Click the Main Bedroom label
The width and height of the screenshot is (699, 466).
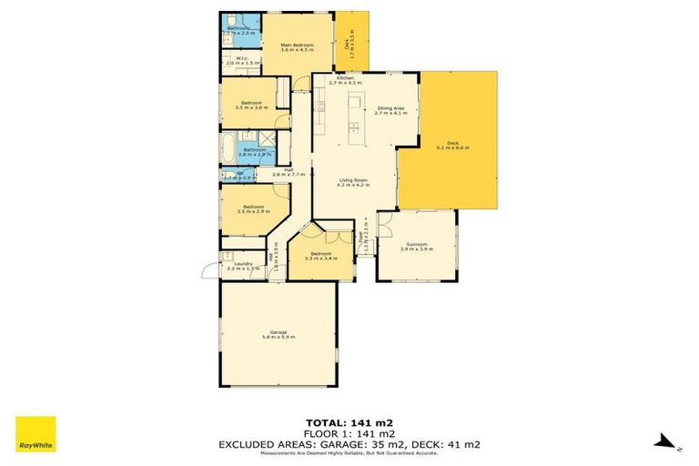pos(297,47)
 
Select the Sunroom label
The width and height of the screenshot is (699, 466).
pos(417,247)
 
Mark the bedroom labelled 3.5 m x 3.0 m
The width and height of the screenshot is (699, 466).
pos(251,105)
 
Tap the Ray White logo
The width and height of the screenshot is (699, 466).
pos(35,434)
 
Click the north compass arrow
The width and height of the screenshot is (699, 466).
pos(666,442)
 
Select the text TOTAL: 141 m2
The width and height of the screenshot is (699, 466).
pos(349,422)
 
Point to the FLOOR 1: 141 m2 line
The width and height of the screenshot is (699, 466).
pos(349,433)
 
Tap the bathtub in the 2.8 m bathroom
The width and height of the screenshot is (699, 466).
pos(228,148)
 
